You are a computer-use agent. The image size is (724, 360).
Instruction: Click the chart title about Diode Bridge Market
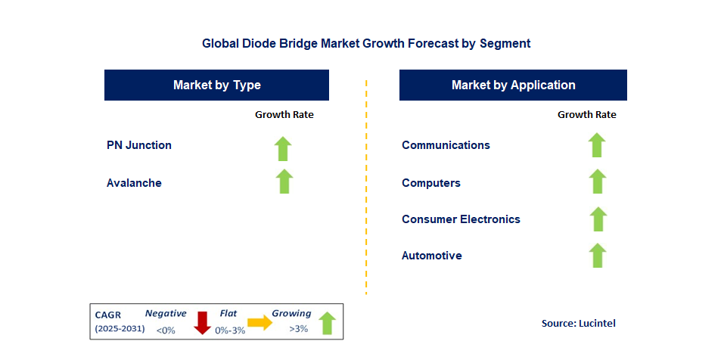coord(366,43)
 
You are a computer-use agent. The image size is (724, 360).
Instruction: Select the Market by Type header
coord(216,85)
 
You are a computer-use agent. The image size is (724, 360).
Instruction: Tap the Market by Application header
coord(513,85)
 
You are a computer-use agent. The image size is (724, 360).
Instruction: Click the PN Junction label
coord(139,145)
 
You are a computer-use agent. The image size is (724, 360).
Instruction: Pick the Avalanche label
coord(134,183)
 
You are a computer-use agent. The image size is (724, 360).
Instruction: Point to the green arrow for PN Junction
coord(284,148)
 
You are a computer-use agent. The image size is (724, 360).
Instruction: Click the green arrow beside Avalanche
coord(284,182)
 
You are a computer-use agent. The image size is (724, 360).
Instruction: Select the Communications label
coord(446,145)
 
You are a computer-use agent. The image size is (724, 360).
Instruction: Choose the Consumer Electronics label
coord(461,219)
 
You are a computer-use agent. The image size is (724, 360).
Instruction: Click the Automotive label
coord(432,256)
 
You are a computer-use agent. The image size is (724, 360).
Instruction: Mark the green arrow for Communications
coord(597,145)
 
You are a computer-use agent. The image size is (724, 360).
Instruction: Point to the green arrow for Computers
coord(598,182)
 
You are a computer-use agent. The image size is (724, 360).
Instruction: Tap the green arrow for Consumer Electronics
coord(598,219)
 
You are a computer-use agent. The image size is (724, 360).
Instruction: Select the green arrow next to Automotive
coord(598,256)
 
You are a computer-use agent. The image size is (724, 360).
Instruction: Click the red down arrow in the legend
coord(202,322)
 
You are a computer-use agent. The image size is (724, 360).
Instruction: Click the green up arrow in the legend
coord(327,323)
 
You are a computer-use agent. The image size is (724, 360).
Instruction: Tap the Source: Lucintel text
coord(579,323)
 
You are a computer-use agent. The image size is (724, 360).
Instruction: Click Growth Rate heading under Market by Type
coord(284,115)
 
